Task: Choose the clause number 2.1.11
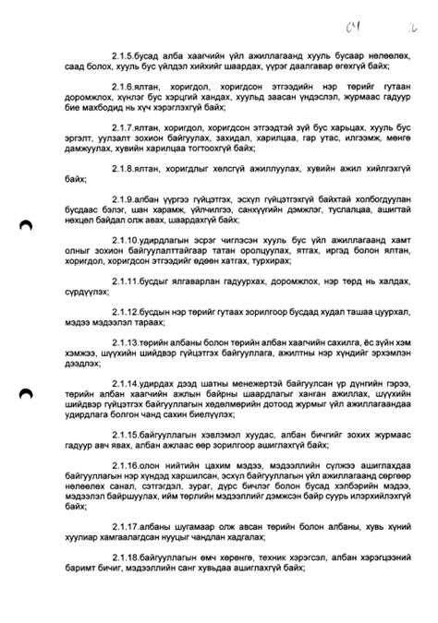click(127, 303)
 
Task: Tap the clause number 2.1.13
click(127, 368)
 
